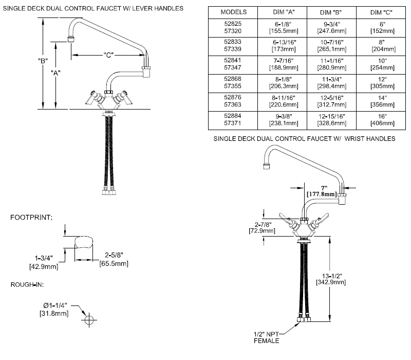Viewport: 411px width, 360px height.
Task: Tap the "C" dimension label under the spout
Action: click(x=108, y=53)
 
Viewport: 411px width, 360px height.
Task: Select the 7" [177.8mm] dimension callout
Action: click(x=322, y=191)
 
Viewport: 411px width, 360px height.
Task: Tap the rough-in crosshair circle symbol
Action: click(x=89, y=319)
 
